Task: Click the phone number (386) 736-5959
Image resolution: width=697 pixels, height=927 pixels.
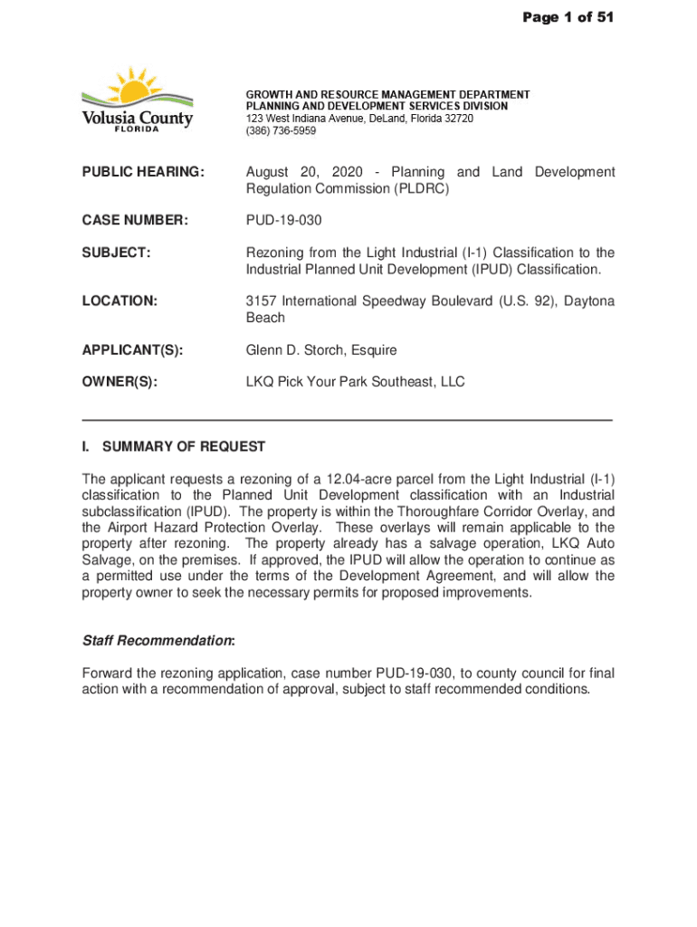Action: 282,131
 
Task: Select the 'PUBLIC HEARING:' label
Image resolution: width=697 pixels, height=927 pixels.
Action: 144,172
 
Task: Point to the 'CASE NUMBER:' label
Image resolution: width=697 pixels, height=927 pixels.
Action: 135,220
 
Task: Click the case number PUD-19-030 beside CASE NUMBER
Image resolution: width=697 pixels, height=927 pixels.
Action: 283,220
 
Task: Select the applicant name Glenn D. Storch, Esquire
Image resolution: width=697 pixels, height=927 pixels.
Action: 321,349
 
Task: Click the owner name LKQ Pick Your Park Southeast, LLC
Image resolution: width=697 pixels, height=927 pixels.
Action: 355,382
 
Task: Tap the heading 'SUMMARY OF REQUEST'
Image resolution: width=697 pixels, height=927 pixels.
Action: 184,446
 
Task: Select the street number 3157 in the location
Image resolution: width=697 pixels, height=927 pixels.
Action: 262,301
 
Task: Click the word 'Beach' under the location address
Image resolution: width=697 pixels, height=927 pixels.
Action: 265,318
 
